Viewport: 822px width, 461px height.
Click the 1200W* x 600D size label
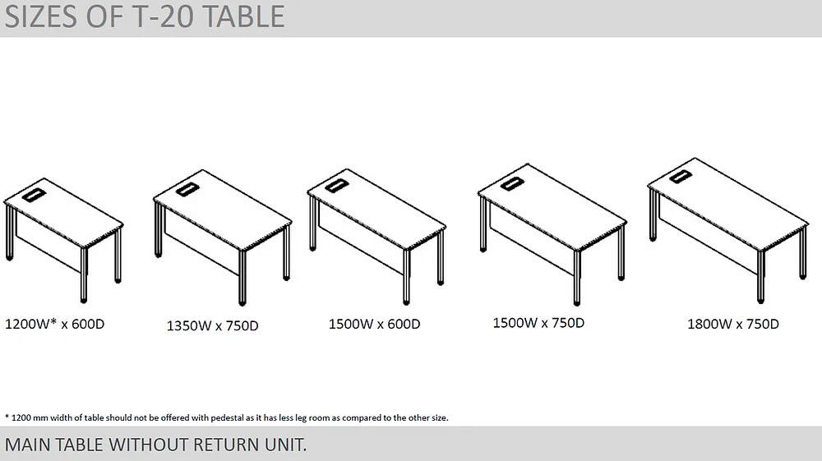(x=55, y=324)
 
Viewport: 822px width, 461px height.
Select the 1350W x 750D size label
(x=212, y=326)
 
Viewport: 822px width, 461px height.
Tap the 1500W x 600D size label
(x=374, y=324)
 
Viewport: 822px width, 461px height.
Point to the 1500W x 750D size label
(x=538, y=323)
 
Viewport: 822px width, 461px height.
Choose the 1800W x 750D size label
(x=733, y=324)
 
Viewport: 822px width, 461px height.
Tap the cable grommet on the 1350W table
(x=187, y=189)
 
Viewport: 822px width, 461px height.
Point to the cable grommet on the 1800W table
(x=680, y=175)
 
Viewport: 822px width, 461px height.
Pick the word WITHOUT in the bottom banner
(x=148, y=445)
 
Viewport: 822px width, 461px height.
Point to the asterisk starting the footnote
(x=7, y=417)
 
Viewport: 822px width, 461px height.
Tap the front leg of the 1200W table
(x=84, y=275)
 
